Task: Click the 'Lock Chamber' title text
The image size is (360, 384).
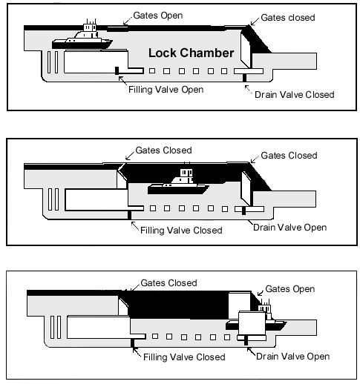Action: coord(191,53)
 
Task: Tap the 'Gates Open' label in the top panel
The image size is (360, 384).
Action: coord(158,16)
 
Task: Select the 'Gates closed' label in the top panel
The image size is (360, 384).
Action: coord(288,18)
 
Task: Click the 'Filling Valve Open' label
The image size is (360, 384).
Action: coord(166,90)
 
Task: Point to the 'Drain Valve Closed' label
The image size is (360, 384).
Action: coord(295,95)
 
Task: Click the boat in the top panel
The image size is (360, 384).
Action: coord(82,37)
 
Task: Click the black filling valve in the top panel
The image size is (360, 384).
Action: coord(117,70)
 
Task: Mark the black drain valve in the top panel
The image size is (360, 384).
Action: coord(244,78)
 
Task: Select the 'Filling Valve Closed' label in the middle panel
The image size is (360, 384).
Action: coord(181,231)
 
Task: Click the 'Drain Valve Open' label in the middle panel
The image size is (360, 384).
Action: coord(289,228)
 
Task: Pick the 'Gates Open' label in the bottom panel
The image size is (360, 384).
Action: coord(290,289)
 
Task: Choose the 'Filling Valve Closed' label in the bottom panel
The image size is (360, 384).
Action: coord(184,357)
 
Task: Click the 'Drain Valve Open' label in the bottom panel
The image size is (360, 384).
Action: coord(292,357)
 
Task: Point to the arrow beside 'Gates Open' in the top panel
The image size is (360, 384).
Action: coord(127,21)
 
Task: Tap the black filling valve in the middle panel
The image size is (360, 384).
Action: coord(129,215)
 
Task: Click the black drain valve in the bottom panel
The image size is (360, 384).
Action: coord(246,340)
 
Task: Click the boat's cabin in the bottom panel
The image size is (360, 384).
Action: coord(265,309)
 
